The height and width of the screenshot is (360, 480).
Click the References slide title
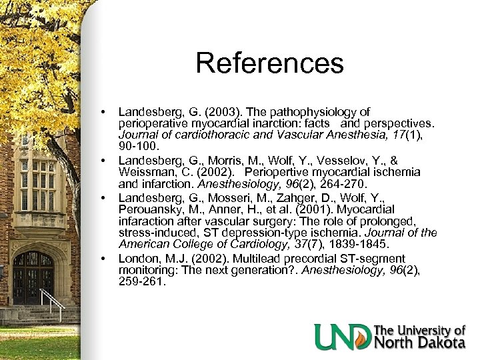(269, 64)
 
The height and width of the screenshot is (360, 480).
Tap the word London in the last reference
(136, 258)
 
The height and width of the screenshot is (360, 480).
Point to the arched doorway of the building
(33, 277)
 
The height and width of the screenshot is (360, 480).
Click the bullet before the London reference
(104, 258)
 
